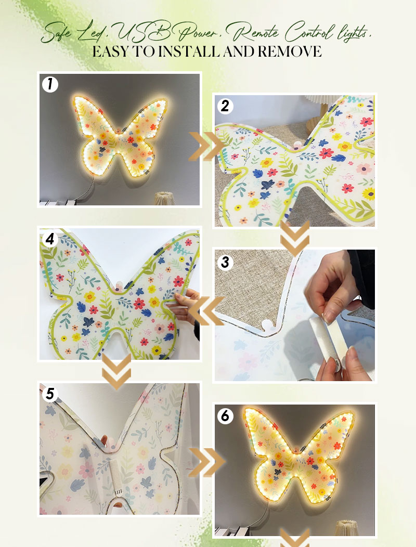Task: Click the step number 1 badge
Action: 50,84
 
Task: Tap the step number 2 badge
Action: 225,106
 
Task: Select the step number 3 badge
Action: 225,262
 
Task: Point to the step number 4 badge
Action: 50,239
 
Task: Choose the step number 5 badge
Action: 50,394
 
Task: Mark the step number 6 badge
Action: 225,416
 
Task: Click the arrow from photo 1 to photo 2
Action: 206,147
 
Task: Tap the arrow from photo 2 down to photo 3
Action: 295,239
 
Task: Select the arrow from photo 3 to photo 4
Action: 206,311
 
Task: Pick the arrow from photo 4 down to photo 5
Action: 116,372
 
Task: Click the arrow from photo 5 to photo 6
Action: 206,462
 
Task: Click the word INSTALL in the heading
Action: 189,51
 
